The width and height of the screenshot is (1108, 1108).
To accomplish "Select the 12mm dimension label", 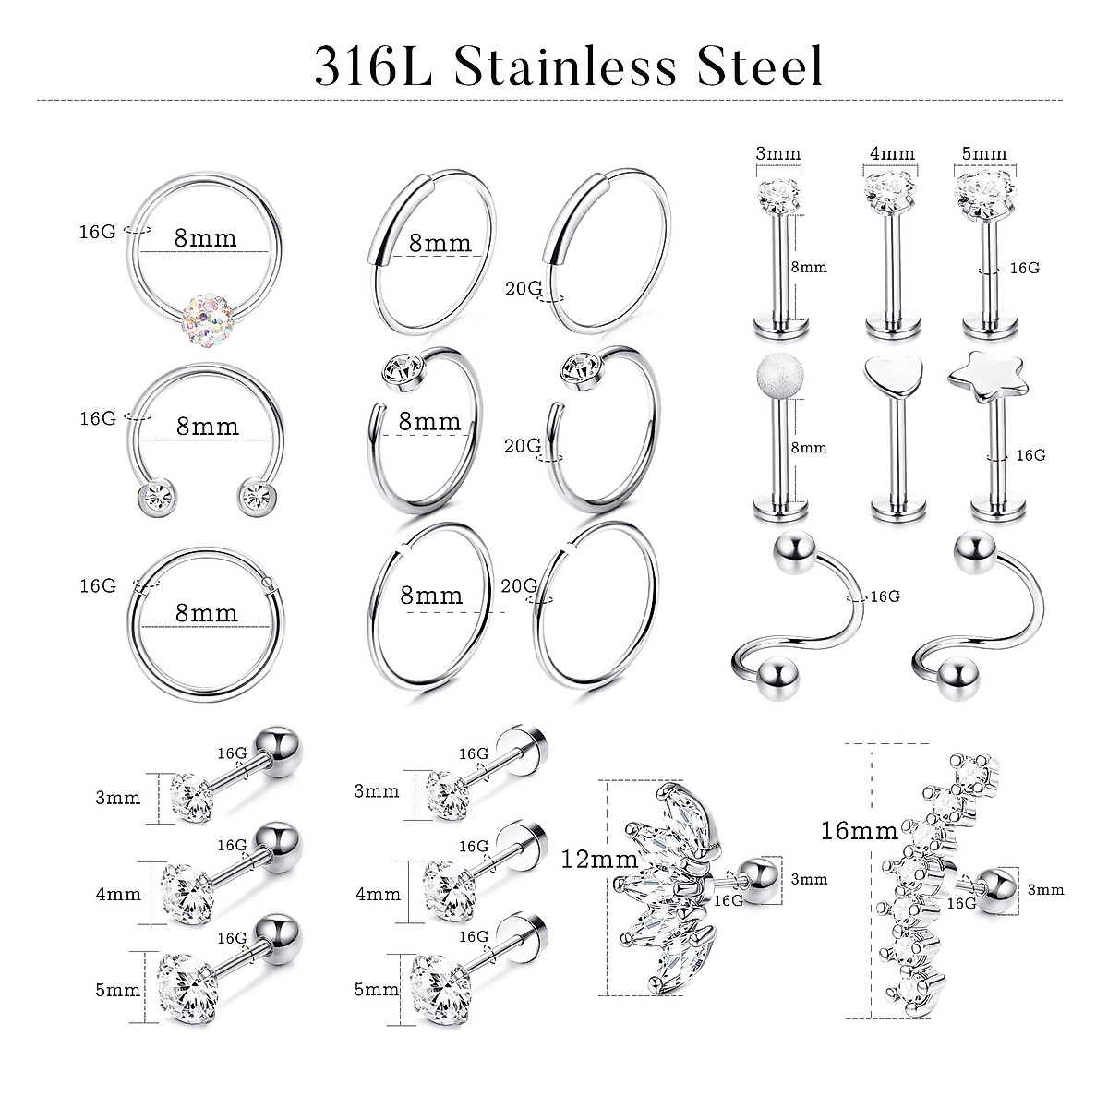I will [598, 860].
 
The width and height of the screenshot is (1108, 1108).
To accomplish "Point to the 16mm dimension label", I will [859, 830].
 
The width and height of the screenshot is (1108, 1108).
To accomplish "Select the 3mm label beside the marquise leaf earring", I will [809, 879].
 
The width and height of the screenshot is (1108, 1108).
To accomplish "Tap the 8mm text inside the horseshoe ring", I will [207, 427].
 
